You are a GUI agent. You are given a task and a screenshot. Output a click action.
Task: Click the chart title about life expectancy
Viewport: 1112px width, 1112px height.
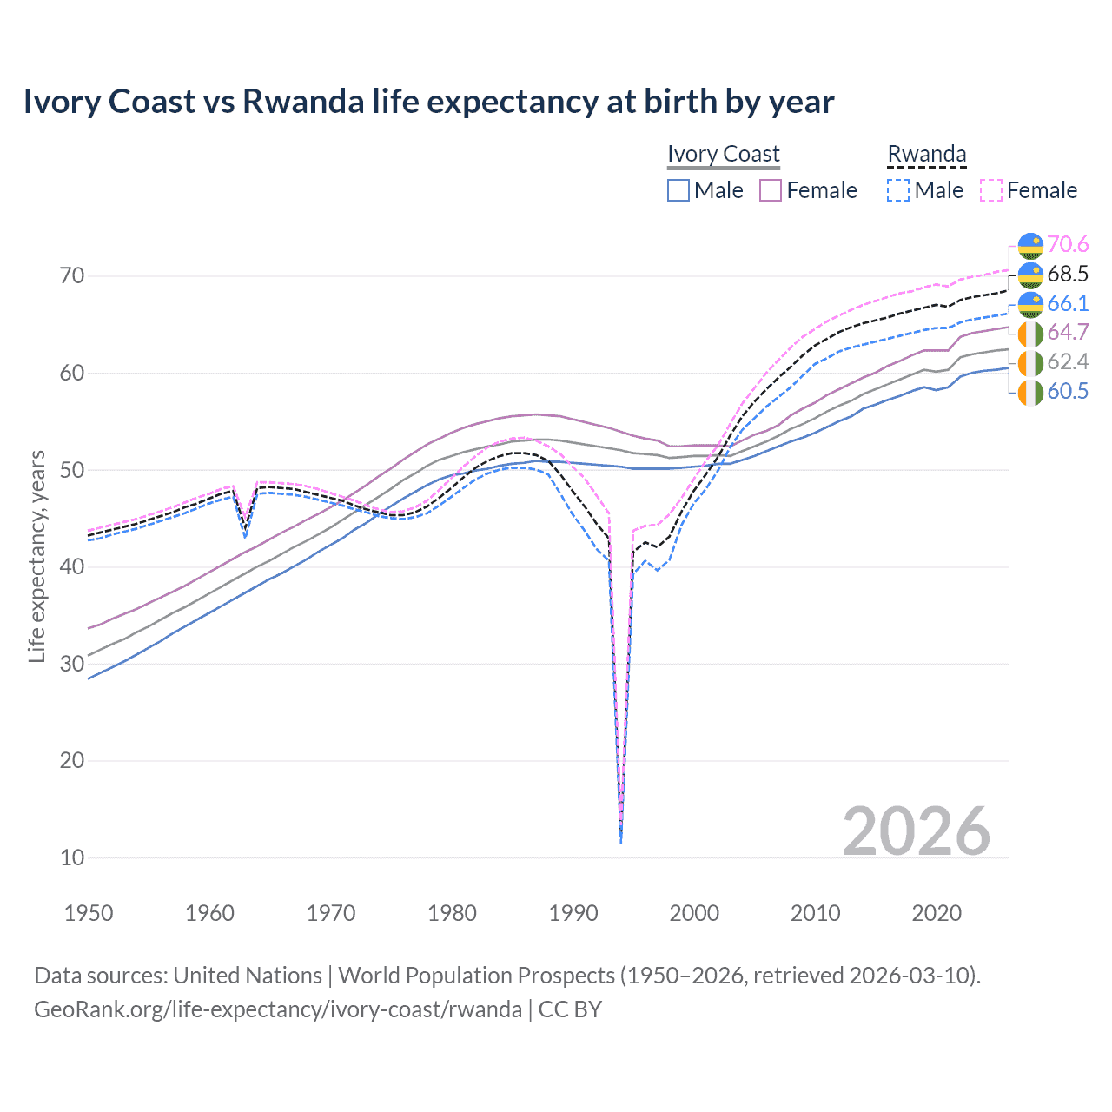[x=428, y=102]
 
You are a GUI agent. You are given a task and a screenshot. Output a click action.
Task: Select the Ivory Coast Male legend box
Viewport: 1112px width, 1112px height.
[x=678, y=190]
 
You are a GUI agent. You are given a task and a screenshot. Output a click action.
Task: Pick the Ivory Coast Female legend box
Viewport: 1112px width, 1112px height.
[x=771, y=190]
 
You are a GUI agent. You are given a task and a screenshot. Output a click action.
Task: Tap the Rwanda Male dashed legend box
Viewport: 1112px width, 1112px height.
[x=898, y=190]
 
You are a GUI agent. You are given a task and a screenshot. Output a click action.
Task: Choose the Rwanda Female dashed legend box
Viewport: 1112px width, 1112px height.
[x=991, y=190]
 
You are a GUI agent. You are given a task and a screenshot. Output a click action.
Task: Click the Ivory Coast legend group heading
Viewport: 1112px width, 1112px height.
[x=723, y=154]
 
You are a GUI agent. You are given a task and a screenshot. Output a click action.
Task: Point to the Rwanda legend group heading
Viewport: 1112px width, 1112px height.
[x=926, y=154]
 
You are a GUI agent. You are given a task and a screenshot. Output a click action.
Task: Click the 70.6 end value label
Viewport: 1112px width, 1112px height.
[x=1068, y=245]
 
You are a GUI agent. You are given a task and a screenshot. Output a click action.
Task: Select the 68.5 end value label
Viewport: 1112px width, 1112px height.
[x=1068, y=275]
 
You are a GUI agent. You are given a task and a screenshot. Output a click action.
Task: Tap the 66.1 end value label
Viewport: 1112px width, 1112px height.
[x=1068, y=303]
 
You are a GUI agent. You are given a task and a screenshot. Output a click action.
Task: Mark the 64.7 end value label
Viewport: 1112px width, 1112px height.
[x=1068, y=333]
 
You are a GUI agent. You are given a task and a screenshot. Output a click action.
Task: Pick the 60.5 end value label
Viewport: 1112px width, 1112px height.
[x=1068, y=391]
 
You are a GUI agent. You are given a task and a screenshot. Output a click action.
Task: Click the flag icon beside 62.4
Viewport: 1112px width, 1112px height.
[x=1030, y=362]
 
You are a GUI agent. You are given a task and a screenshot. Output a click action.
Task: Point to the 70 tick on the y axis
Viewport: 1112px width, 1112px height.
[x=72, y=276]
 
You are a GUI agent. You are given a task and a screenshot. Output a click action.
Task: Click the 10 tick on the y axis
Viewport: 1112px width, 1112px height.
[x=72, y=857]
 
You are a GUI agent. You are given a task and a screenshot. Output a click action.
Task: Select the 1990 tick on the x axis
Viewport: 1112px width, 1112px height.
[x=573, y=913]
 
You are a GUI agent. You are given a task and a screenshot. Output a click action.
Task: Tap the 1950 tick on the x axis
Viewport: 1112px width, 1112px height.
[x=89, y=913]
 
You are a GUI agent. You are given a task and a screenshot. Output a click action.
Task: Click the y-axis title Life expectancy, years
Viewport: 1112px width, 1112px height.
[x=36, y=556]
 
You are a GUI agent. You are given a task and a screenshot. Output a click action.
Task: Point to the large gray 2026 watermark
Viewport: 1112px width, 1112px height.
[x=916, y=831]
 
